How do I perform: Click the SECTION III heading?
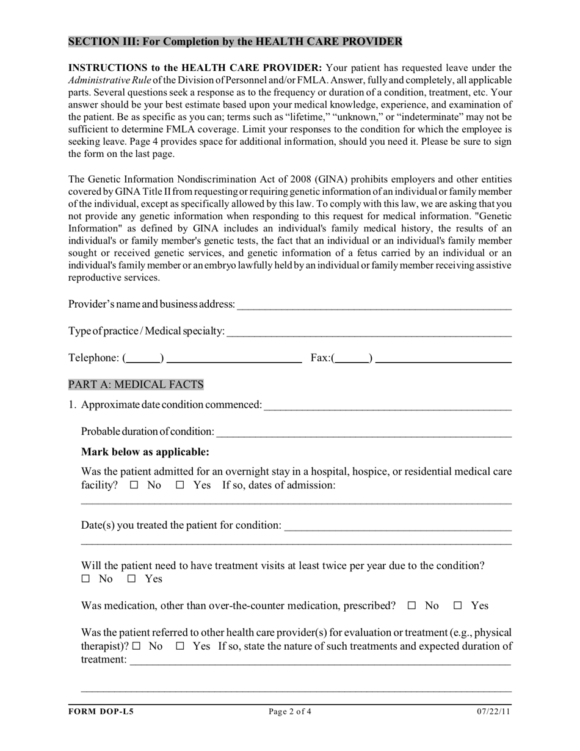coord(235,42)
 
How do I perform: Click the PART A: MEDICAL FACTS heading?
coord(136,384)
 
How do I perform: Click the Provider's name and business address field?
coord(374,304)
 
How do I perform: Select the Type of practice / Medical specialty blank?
coord(368,331)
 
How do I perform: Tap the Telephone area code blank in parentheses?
coord(143,358)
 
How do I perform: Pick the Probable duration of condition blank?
coord(363,432)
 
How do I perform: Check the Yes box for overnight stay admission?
coord(180,485)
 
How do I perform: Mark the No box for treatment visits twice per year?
coord(86,579)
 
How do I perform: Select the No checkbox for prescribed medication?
coord(412,606)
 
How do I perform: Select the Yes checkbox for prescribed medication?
coord(458,606)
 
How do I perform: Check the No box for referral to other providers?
coord(136,646)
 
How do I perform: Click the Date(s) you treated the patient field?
coord(397,526)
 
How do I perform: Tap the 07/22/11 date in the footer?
coord(494,711)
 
